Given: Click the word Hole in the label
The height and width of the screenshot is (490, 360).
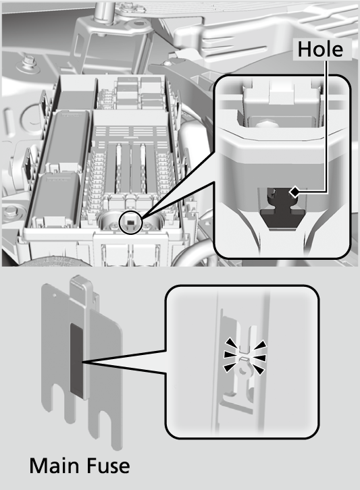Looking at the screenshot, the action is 320,49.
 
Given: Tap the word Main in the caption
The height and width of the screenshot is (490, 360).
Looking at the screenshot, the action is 54,466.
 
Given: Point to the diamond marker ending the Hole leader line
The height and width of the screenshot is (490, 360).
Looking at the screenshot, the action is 294,192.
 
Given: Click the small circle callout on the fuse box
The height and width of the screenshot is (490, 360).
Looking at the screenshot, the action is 131,222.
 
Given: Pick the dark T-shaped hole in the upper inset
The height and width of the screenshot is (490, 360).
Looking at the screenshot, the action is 282,208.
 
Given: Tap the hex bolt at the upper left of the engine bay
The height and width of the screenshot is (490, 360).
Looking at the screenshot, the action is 29,61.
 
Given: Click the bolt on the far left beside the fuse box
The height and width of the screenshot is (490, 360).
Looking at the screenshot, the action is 9,212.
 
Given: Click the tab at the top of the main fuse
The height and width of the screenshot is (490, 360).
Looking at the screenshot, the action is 80,287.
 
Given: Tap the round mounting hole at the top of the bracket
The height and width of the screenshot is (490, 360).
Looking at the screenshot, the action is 138,22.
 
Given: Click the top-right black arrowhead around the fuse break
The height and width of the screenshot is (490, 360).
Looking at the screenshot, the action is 260,345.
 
